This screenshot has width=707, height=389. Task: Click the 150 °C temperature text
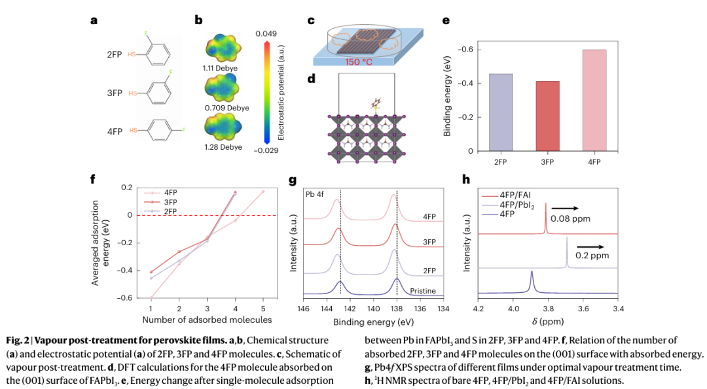pos(363,62)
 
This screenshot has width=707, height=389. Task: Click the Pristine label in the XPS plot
pos(425,291)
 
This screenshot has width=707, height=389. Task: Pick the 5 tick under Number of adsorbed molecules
pos(263,307)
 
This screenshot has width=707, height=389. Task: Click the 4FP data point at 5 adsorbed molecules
pos(263,192)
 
